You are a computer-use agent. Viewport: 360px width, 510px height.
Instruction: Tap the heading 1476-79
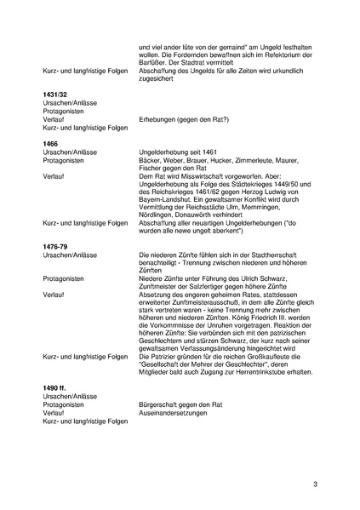pyautogui.click(x=56, y=244)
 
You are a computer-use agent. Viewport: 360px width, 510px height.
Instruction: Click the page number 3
pyautogui.click(x=315, y=484)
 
